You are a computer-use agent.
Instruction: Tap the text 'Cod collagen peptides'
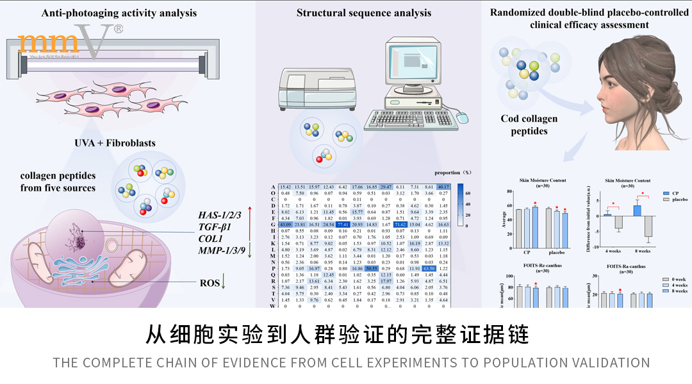tap(529, 124)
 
